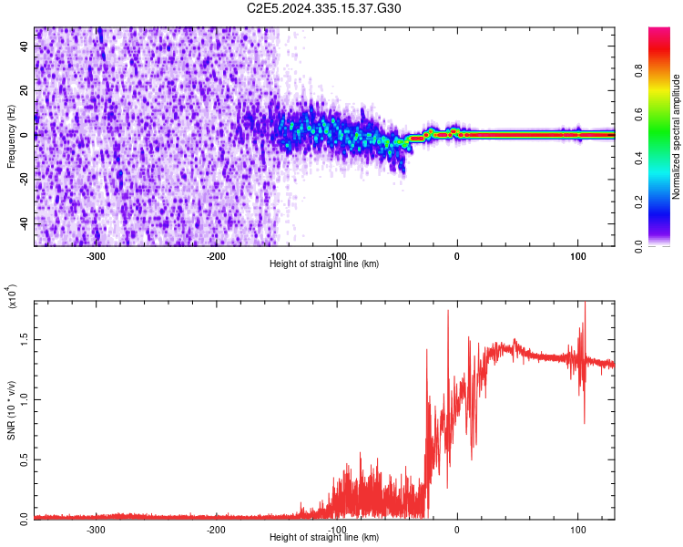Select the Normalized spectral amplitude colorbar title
click(677, 137)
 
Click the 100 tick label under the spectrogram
click(577, 256)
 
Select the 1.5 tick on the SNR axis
click(24, 338)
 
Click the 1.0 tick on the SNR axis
click(24, 398)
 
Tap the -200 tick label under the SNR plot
click(217, 529)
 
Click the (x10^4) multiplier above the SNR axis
click(12, 297)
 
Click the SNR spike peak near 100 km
click(584, 304)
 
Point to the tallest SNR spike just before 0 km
click(448, 312)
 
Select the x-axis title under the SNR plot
click(324, 538)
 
